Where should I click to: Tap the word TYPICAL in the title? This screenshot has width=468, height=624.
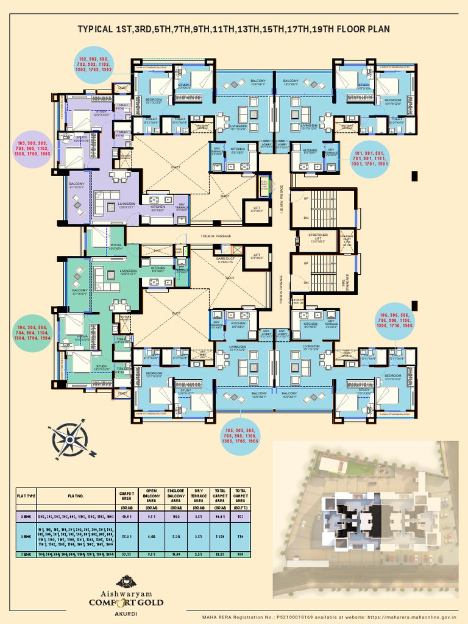pyautogui.click(x=96, y=29)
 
